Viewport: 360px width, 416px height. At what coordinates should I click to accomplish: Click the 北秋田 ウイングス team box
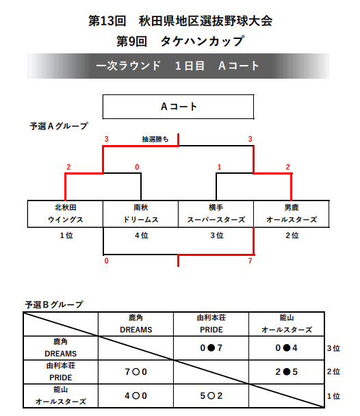click(x=65, y=214)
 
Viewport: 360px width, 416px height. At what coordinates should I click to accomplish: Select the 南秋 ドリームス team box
click(x=140, y=214)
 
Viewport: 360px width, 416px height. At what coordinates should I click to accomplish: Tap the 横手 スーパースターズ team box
click(x=216, y=214)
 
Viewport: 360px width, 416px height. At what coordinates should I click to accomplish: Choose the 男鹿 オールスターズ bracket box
click(x=292, y=214)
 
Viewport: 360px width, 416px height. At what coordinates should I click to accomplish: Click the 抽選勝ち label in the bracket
click(x=155, y=140)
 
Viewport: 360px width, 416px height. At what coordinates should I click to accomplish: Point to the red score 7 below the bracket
click(x=250, y=261)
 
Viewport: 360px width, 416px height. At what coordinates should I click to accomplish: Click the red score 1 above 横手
click(x=219, y=167)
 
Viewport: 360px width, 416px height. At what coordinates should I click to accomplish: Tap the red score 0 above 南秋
click(x=137, y=167)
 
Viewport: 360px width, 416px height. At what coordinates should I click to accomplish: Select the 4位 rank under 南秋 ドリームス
click(x=142, y=235)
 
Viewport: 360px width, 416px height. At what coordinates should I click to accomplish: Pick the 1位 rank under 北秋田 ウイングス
click(x=66, y=235)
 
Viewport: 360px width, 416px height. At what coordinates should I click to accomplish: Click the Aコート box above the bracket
click(x=178, y=107)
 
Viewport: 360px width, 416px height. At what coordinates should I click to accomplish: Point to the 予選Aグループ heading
click(x=59, y=126)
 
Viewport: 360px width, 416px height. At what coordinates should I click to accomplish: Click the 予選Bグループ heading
click(x=54, y=304)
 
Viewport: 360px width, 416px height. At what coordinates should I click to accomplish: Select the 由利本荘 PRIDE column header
click(x=211, y=324)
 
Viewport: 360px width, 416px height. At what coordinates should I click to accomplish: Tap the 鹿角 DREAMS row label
click(x=60, y=348)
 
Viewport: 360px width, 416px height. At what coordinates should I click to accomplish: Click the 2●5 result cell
click(x=287, y=372)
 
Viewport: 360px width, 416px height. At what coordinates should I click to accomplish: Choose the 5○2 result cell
click(x=211, y=395)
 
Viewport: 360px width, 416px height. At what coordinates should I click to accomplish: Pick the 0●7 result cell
click(x=211, y=348)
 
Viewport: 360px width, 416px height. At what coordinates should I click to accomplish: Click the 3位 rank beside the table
click(x=333, y=348)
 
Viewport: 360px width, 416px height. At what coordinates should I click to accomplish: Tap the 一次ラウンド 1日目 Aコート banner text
click(x=177, y=66)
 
